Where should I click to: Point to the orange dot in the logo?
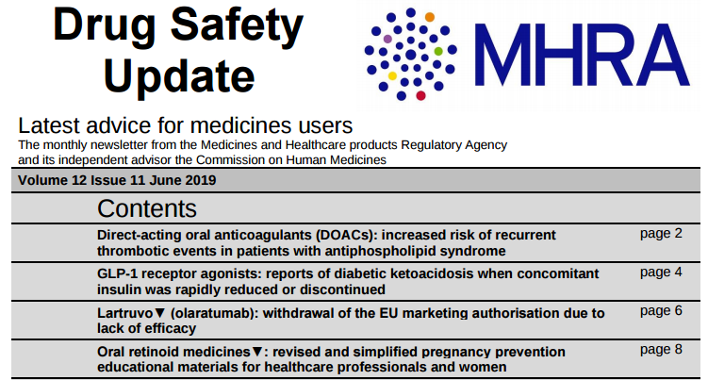(x=429, y=16)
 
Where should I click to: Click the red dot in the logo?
(x=420, y=95)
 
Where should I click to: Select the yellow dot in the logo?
(x=392, y=75)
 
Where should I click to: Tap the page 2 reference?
(x=660, y=233)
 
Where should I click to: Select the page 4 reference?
(x=660, y=272)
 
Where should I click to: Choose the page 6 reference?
(x=660, y=310)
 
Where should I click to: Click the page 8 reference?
(x=660, y=349)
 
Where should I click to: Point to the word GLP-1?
(x=118, y=273)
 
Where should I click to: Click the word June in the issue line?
(x=158, y=180)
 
